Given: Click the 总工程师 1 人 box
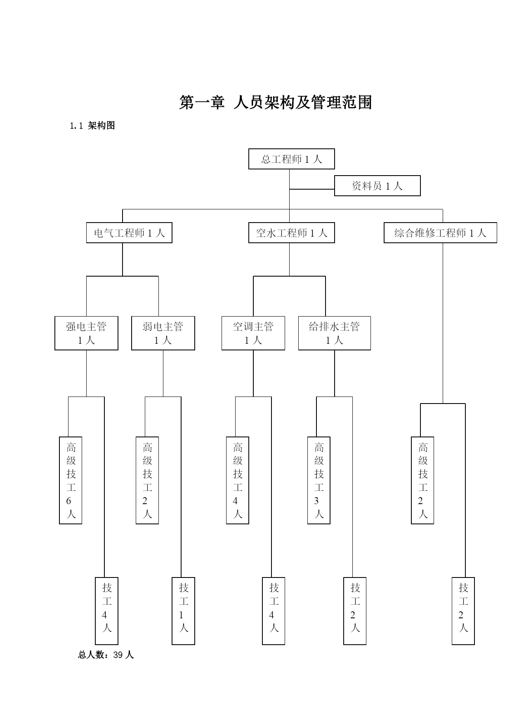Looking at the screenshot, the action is [x=291, y=159].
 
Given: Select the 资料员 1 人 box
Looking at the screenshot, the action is [x=377, y=186].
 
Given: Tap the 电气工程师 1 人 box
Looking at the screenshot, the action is [x=129, y=233].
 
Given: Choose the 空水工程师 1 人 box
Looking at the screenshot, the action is [x=291, y=233].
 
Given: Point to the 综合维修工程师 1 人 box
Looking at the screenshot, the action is [x=440, y=233].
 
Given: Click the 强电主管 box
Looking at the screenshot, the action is [x=86, y=333].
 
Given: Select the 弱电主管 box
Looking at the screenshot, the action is [x=163, y=333].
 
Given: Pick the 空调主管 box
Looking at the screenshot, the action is [x=253, y=333].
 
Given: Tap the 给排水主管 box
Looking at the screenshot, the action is [x=335, y=333].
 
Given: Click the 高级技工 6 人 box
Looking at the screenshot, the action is [x=71, y=480].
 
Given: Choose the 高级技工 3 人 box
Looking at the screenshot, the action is [x=319, y=480].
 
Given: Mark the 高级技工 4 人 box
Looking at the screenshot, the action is [x=238, y=480].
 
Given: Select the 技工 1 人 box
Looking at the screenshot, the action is [x=183, y=611].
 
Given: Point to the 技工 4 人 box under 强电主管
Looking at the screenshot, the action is [x=106, y=611].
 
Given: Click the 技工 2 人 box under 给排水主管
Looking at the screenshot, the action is [x=355, y=611].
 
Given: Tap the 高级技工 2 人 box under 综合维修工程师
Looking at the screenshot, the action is [x=422, y=480].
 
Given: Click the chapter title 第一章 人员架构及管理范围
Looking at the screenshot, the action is [x=276, y=103].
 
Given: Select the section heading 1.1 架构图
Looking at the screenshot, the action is [x=92, y=126].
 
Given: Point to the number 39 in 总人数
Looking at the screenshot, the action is [x=118, y=655].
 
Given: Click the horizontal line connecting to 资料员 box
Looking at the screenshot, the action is [x=312, y=189].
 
